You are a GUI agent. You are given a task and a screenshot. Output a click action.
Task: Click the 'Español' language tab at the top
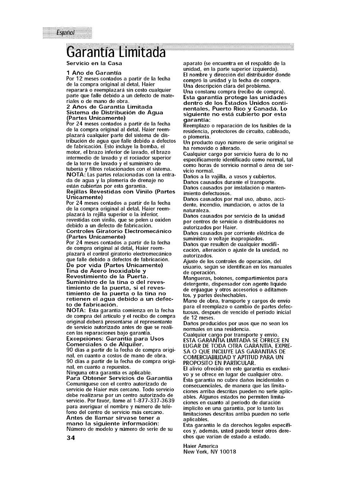65,33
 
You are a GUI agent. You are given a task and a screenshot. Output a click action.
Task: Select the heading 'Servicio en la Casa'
94,63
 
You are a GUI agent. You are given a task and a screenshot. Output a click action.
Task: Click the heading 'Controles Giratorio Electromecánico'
119,231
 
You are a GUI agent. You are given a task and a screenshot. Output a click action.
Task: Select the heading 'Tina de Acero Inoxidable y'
106,271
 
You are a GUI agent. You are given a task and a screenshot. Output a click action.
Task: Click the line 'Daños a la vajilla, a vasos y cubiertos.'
229,177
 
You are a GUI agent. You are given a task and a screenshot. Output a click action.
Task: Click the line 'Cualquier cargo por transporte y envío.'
231,335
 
